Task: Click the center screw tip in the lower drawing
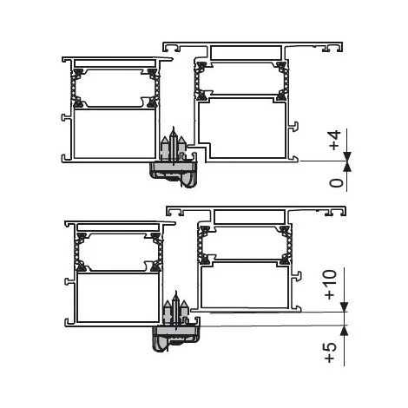pos(175,298)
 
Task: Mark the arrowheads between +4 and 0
pos(346,159)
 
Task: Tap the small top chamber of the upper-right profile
pos(240,52)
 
